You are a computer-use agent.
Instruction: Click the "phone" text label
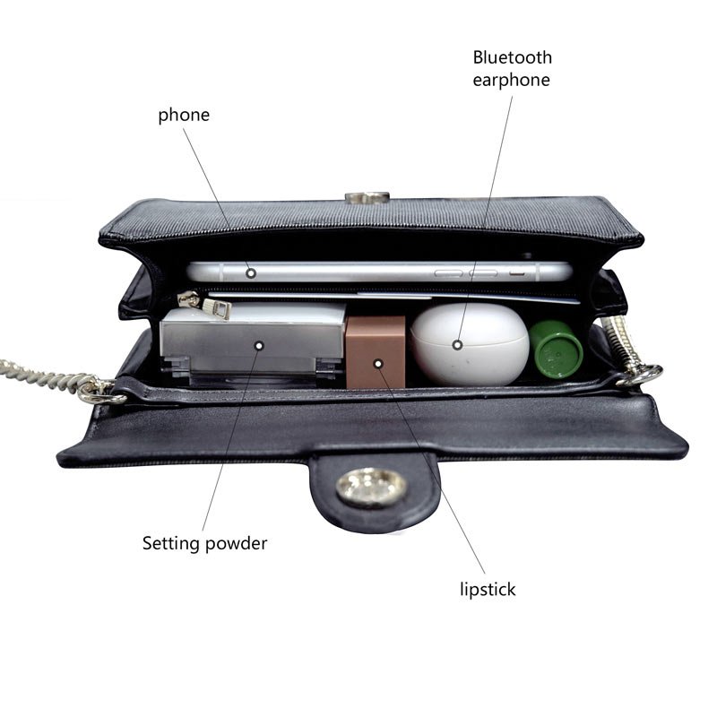coord(184,116)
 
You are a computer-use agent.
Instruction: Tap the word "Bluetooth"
coord(512,57)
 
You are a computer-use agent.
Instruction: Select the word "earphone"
coord(511,80)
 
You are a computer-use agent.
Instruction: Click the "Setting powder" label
coord(204,543)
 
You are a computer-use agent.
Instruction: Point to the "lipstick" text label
coord(488,589)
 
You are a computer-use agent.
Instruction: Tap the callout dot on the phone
coord(251,273)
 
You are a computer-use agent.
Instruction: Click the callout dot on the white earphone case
coord(457,345)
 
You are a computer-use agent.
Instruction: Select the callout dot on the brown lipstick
coord(378,364)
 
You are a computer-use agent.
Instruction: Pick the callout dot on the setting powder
coord(259,346)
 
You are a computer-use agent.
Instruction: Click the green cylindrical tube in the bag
coord(556,349)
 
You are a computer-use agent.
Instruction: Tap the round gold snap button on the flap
coord(370,488)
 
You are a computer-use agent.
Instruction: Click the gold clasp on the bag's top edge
coord(367,197)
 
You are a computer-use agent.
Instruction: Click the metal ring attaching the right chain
coord(640,375)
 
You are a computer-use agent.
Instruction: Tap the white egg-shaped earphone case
coord(470,344)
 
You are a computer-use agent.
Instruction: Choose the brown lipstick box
coord(376,352)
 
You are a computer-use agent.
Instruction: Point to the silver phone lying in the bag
coord(379,272)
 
